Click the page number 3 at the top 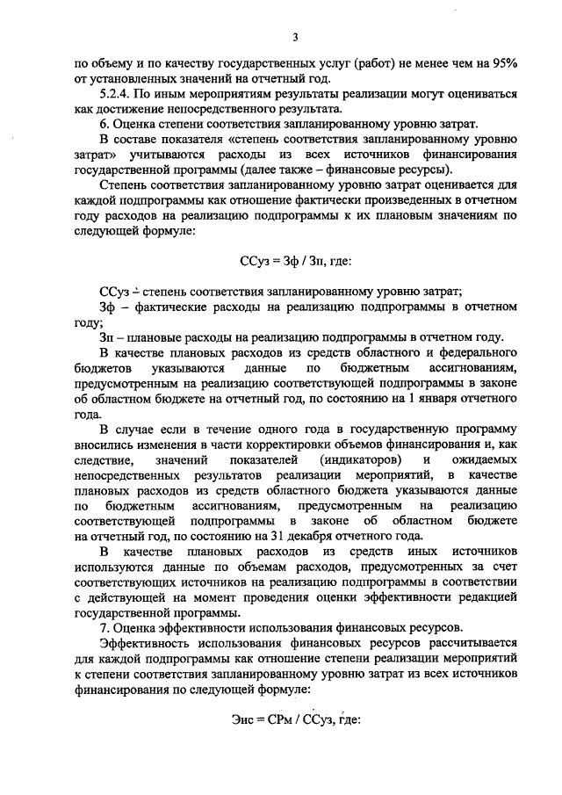coord(296,36)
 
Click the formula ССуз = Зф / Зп coord(296,260)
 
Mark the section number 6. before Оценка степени coord(104,124)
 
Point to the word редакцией coord(490,597)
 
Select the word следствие coord(104,459)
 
